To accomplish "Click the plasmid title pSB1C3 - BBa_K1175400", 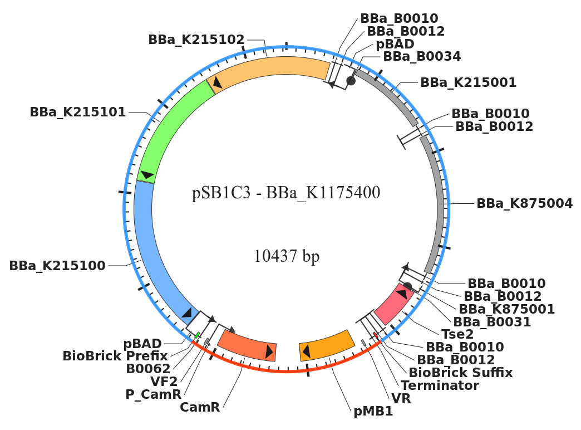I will point(286,193).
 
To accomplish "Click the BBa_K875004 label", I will point(524,203).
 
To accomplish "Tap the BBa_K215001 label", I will point(468,82).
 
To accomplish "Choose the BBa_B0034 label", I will point(422,56).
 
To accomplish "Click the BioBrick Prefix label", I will point(115,355).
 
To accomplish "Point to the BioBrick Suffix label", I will point(461,372).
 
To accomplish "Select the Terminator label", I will point(440,385).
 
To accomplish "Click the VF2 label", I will point(164,381).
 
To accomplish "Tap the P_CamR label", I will point(154,394).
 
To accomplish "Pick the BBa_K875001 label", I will point(506,309).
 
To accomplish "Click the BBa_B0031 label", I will point(492,321).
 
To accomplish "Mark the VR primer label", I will point(401,399).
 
